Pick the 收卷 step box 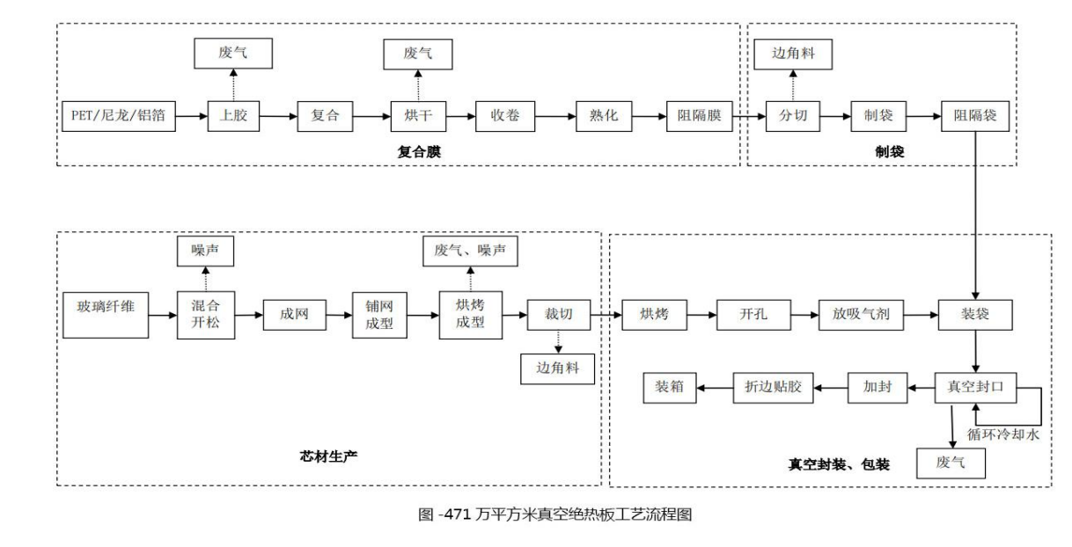coord(501,116)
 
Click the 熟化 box coord(601,116)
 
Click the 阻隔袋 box coord(975,116)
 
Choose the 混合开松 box coord(202,313)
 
